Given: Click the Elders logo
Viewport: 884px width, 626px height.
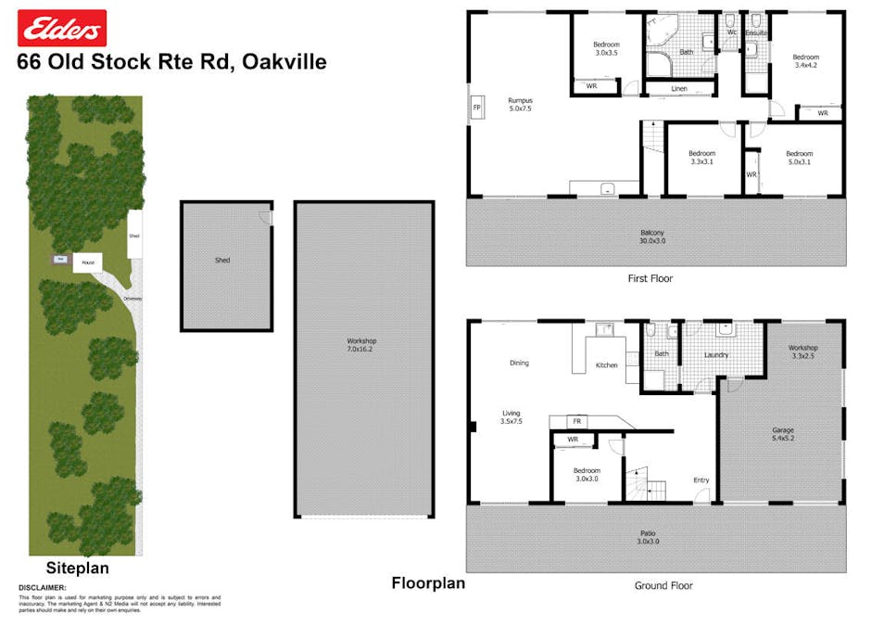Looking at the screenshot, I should click(x=62, y=29).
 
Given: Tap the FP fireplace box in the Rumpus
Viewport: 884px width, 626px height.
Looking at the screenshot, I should click(x=476, y=108).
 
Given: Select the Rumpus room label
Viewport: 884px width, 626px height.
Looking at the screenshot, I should click(x=519, y=104).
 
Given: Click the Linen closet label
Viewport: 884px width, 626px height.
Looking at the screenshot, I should click(x=679, y=89).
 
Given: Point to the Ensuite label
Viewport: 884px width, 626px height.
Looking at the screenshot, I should click(x=756, y=33).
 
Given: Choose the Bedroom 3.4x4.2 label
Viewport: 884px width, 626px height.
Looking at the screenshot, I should click(x=805, y=62).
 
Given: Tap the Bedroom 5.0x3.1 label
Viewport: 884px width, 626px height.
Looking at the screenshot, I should click(x=799, y=158).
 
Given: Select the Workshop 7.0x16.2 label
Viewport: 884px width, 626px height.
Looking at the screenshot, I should click(x=363, y=346).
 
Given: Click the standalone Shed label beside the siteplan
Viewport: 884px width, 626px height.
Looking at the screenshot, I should click(x=222, y=261).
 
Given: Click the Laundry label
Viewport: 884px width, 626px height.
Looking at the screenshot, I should click(x=716, y=355).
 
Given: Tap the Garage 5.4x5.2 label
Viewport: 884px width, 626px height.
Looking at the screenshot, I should click(x=783, y=435).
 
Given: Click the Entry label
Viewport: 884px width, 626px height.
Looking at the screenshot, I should click(x=701, y=479).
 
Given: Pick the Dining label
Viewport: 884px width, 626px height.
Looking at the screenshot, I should click(x=519, y=363).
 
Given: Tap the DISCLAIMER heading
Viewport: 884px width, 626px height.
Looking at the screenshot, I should click(x=42, y=588).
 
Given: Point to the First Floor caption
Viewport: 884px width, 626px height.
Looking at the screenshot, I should click(x=650, y=278).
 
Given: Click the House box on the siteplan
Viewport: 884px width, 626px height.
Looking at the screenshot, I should click(x=88, y=262).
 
